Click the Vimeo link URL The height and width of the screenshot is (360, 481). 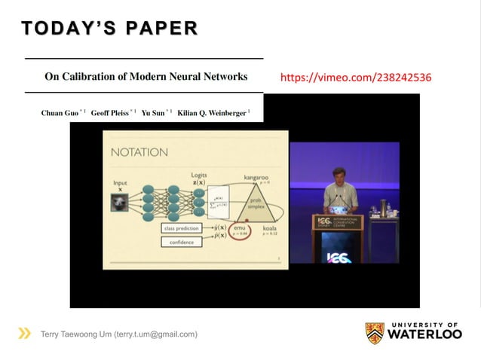(x=355, y=77)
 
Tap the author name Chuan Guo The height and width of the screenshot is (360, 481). (x=61, y=113)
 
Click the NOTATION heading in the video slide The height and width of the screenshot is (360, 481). (x=139, y=152)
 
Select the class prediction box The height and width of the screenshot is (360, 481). (x=181, y=227)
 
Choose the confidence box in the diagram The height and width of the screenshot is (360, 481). (x=181, y=242)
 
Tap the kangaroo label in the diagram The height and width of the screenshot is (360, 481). (x=256, y=178)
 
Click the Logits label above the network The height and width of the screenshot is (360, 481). (x=199, y=174)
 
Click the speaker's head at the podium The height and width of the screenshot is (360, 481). (x=339, y=175)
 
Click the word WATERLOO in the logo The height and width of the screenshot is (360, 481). (x=425, y=334)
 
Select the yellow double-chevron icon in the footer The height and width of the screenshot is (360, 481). (x=25, y=334)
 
